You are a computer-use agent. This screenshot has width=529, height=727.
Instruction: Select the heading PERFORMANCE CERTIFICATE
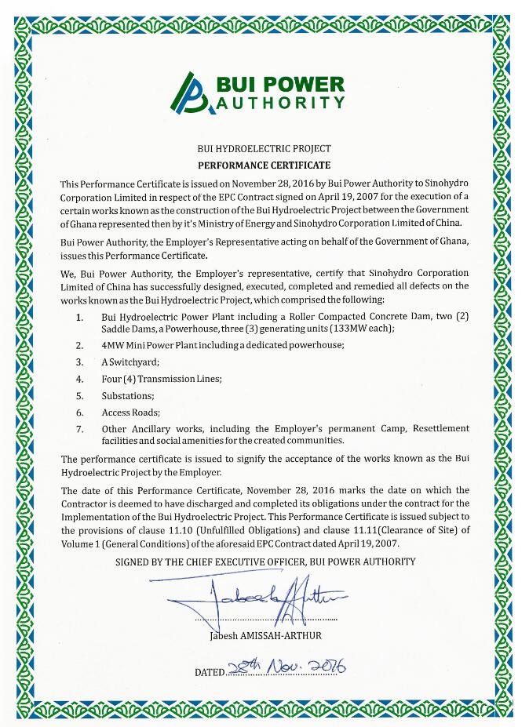coord(264,165)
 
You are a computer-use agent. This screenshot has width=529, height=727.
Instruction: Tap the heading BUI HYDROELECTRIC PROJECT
coord(264,148)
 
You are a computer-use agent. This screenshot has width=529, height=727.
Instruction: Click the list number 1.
coord(79,318)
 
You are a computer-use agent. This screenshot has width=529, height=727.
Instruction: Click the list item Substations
coord(128,395)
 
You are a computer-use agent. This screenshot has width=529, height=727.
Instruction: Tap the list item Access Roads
coord(130,413)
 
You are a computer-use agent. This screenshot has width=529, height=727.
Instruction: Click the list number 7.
coord(79,429)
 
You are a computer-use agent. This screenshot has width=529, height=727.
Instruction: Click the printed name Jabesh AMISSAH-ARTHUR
coord(265,636)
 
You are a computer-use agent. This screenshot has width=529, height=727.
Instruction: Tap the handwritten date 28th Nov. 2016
coord(285,667)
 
